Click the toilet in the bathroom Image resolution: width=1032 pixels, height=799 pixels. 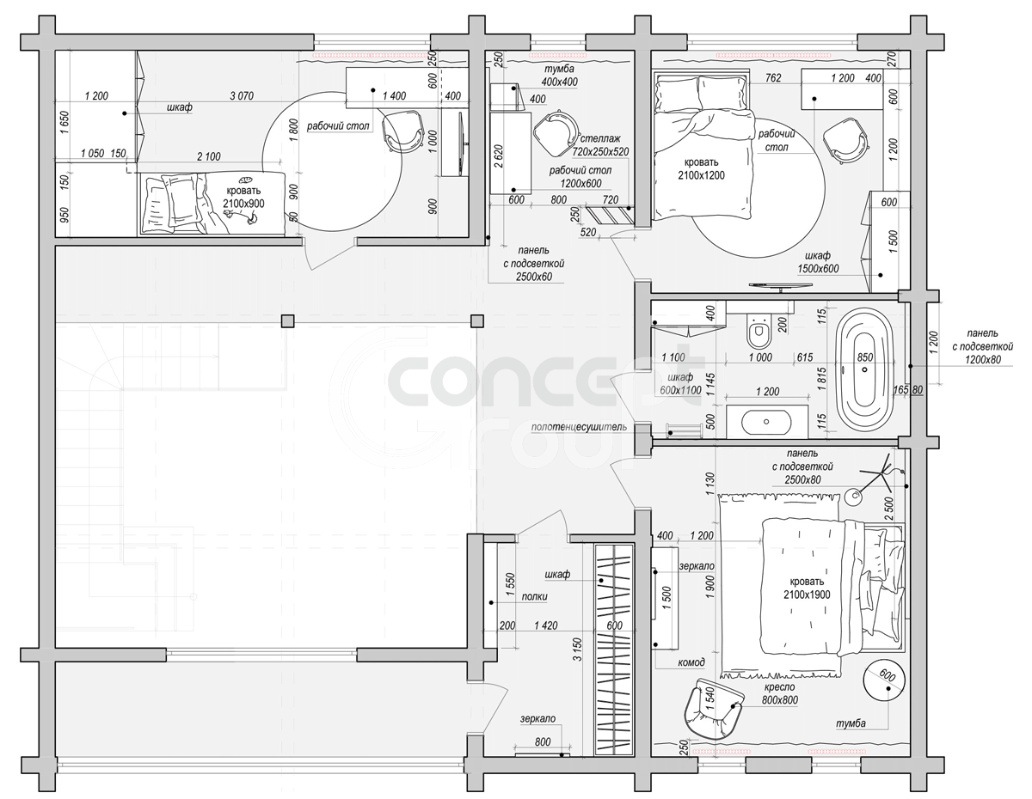758,330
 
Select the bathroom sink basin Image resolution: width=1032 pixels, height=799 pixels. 766,421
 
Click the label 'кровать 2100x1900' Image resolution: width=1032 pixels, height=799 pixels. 807,589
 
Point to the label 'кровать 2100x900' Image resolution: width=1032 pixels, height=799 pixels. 243,197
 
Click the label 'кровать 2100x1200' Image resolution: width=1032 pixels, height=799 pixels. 701,169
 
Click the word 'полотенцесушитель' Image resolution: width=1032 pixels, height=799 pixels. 579,427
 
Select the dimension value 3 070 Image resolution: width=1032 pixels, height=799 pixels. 242,96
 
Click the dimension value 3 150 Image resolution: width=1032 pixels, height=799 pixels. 577,650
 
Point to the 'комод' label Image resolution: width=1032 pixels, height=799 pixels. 691,662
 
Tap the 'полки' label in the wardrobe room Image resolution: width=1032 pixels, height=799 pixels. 534,596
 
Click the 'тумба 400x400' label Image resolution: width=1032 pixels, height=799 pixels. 560,76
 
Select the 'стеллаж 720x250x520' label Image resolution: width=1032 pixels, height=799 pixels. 600,145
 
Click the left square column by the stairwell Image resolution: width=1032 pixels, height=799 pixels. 287,321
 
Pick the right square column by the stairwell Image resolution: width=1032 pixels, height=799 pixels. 477,321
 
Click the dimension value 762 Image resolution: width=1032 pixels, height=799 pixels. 773,78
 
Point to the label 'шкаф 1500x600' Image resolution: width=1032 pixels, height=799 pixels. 818,262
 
